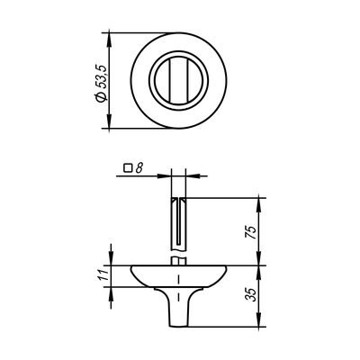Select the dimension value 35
pyautogui.click(x=250, y=295)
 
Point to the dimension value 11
pyautogui.click(x=103, y=274)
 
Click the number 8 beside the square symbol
pyautogui.click(x=138, y=168)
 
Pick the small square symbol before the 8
pyautogui.click(x=128, y=168)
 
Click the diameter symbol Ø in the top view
pyautogui.click(x=101, y=96)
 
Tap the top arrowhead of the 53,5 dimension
pyautogui.click(x=109, y=40)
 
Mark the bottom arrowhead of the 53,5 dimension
pyautogui.click(x=109, y=121)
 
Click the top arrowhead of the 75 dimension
pyautogui.click(x=260, y=204)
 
